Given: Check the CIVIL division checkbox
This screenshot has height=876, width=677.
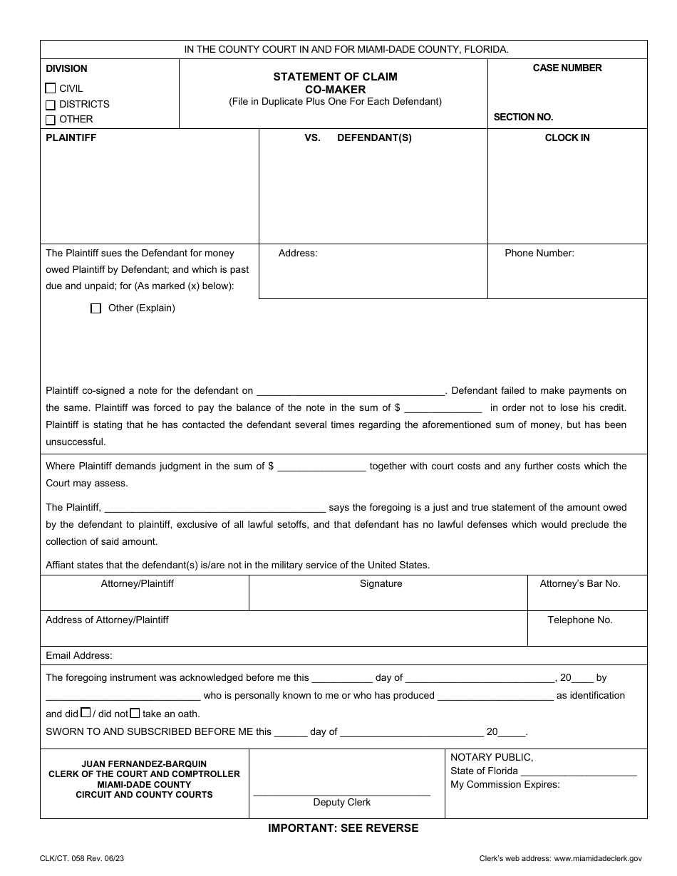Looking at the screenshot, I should click(50, 89).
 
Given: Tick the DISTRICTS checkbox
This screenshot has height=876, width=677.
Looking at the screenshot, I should click(50, 105).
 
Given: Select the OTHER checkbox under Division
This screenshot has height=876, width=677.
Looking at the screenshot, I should click(50, 120).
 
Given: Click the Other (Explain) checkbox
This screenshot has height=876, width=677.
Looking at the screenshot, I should click(96, 309).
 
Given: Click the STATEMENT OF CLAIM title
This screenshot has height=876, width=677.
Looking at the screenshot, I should click(336, 76).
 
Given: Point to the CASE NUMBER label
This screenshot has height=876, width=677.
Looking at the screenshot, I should click(567, 68).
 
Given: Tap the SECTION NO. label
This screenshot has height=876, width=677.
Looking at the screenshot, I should click(523, 117).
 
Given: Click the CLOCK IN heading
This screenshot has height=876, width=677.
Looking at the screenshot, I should click(567, 137).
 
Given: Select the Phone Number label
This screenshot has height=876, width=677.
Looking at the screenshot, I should click(539, 253).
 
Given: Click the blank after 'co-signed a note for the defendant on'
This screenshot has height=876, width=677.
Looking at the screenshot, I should click(351, 391).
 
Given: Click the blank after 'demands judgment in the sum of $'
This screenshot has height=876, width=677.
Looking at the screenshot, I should click(321, 466).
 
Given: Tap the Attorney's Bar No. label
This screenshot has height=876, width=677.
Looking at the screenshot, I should click(580, 583).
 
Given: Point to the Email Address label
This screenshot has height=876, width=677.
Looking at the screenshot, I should click(79, 655).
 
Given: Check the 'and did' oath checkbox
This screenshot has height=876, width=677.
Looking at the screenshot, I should click(86, 712).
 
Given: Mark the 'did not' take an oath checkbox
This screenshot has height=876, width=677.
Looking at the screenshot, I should click(135, 712).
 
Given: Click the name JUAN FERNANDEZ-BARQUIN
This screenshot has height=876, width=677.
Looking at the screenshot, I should click(144, 764).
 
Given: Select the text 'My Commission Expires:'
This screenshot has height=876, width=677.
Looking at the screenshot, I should click(505, 785).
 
